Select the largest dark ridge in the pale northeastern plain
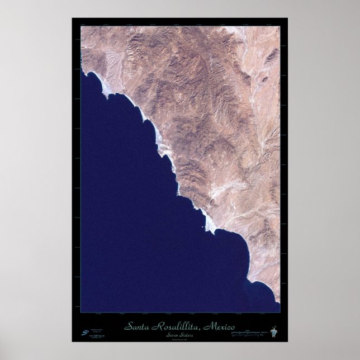pyautogui.click(x=272, y=56)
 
